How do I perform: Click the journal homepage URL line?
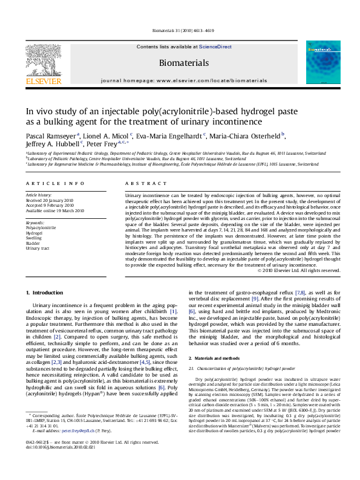[183, 80]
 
